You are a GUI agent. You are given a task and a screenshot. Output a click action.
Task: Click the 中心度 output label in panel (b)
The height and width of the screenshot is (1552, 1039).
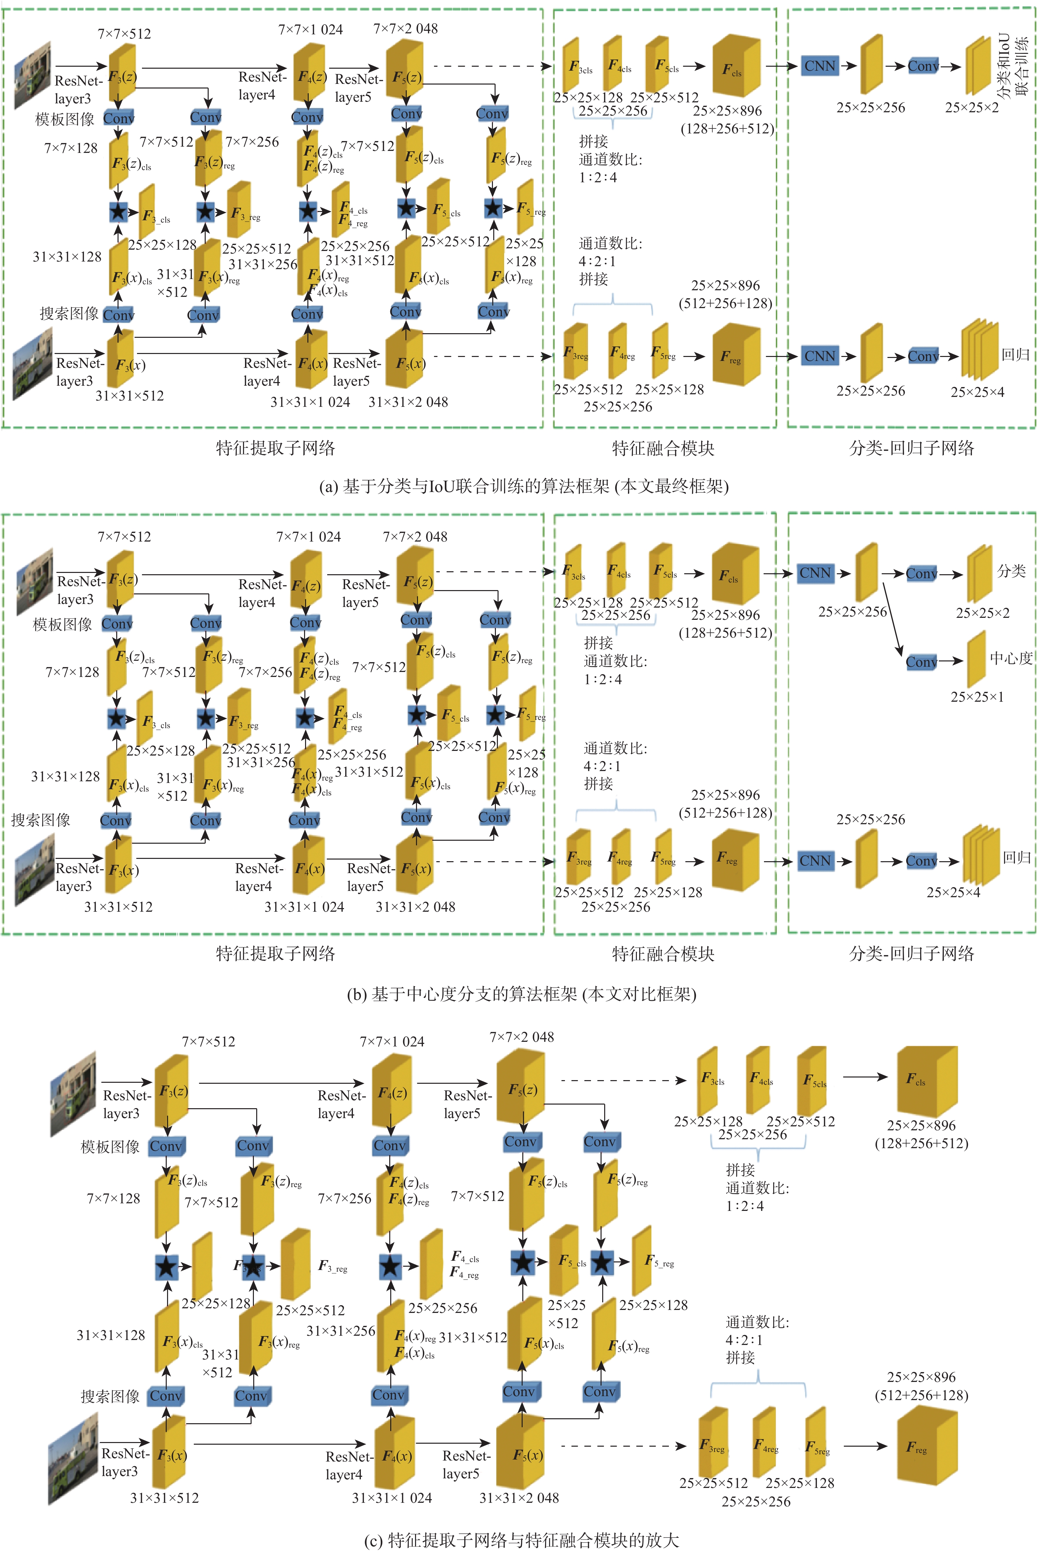click(1011, 658)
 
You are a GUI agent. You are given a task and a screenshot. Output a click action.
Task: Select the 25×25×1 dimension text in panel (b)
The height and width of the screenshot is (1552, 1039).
click(977, 696)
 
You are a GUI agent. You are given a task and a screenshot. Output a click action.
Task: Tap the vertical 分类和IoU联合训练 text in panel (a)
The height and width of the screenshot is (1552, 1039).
click(1013, 66)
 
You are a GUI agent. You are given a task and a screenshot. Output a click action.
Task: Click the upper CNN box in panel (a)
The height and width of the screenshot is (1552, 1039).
click(820, 66)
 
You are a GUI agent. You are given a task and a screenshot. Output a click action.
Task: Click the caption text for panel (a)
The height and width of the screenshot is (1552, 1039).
click(524, 486)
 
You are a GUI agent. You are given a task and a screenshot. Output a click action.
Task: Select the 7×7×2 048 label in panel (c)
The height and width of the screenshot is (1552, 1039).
click(522, 1037)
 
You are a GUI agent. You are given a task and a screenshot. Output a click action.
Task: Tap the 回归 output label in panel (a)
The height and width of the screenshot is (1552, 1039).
click(1015, 355)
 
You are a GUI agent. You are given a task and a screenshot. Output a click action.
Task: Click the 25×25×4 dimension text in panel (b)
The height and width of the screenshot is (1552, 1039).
click(953, 892)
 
